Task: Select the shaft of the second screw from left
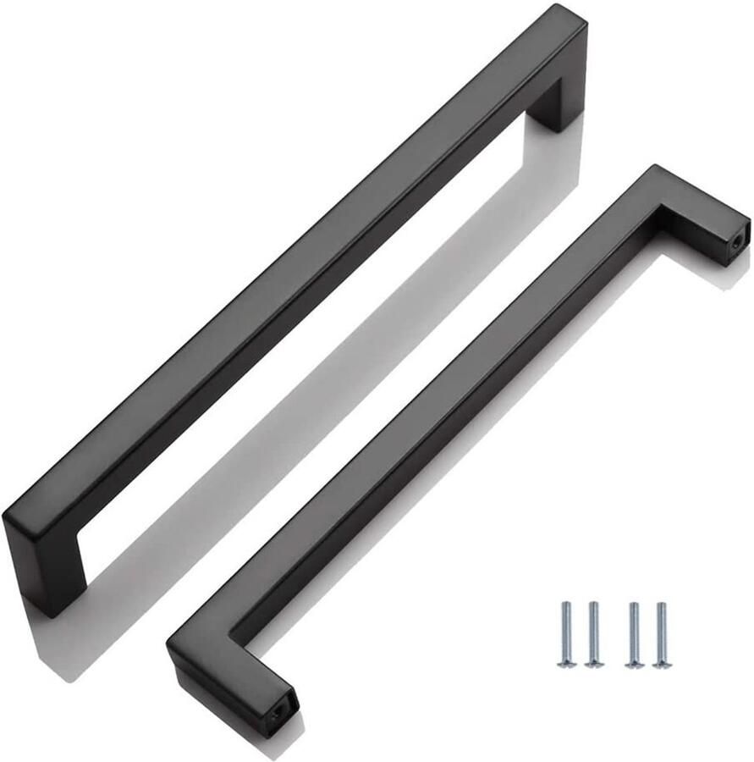click(592, 631)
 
